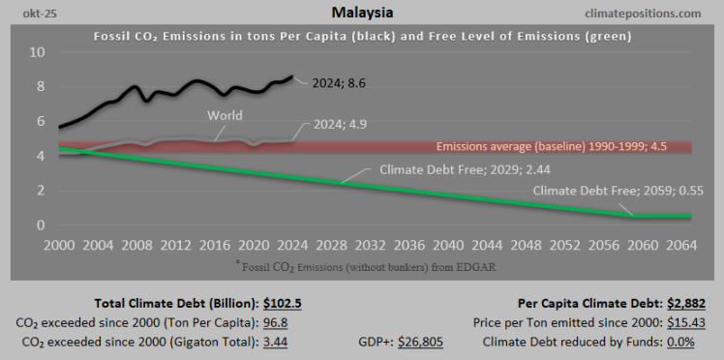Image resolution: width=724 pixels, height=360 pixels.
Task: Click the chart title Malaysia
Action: point(362,13)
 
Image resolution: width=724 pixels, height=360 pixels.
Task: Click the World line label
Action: point(225,115)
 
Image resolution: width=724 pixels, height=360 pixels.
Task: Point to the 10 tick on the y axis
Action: point(37,51)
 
